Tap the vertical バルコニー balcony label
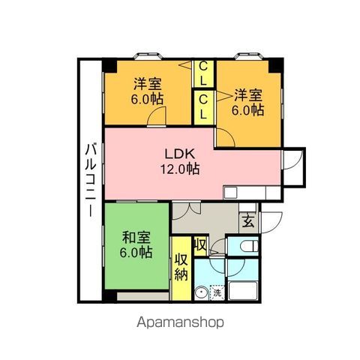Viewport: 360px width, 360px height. click(89, 180)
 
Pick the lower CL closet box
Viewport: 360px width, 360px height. click(203, 106)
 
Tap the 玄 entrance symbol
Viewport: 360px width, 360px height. click(247, 220)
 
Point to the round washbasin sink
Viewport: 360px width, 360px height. click(201, 293)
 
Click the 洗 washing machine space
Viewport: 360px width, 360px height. click(218, 293)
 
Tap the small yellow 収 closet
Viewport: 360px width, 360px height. click(199, 244)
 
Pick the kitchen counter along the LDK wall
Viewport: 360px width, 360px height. click(252, 193)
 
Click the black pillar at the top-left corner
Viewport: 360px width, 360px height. click(109, 64)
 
